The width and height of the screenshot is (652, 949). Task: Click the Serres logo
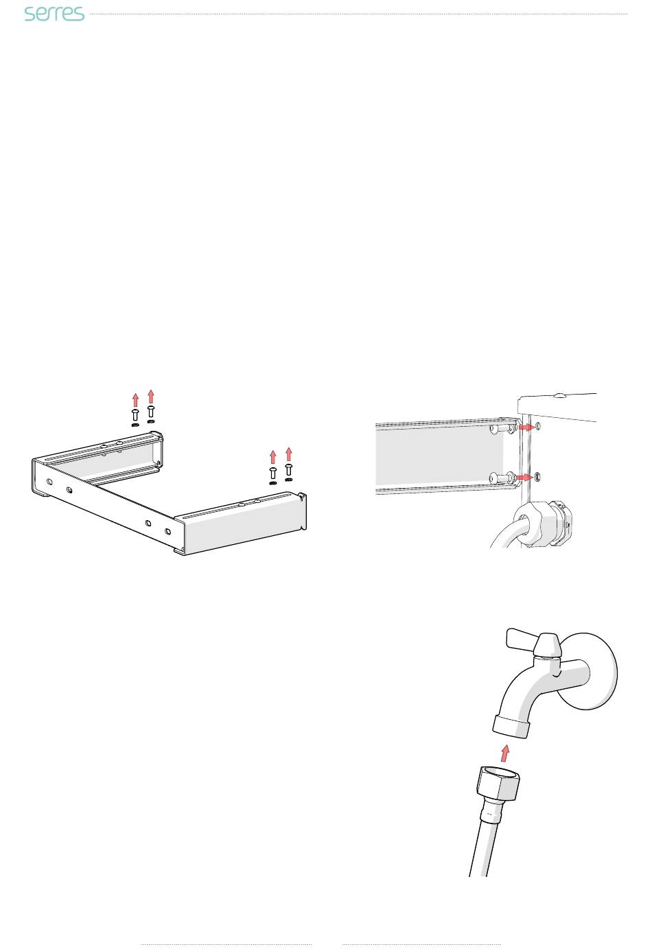click(54, 14)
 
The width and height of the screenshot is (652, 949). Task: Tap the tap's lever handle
click(520, 638)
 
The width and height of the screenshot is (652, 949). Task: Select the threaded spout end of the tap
click(511, 727)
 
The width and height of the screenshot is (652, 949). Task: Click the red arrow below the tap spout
click(504, 753)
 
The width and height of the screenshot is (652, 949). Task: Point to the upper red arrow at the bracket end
click(527, 427)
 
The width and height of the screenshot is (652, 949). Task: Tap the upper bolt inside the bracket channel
click(500, 429)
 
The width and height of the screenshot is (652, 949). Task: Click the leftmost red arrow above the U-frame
click(136, 400)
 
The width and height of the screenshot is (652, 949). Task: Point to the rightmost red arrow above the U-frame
click(289, 454)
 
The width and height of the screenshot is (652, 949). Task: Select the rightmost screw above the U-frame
click(289, 469)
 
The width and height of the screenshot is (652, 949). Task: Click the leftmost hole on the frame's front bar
click(50, 482)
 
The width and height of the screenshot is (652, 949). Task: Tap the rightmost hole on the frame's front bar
click(167, 531)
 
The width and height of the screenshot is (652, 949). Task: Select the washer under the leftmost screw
click(135, 425)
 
